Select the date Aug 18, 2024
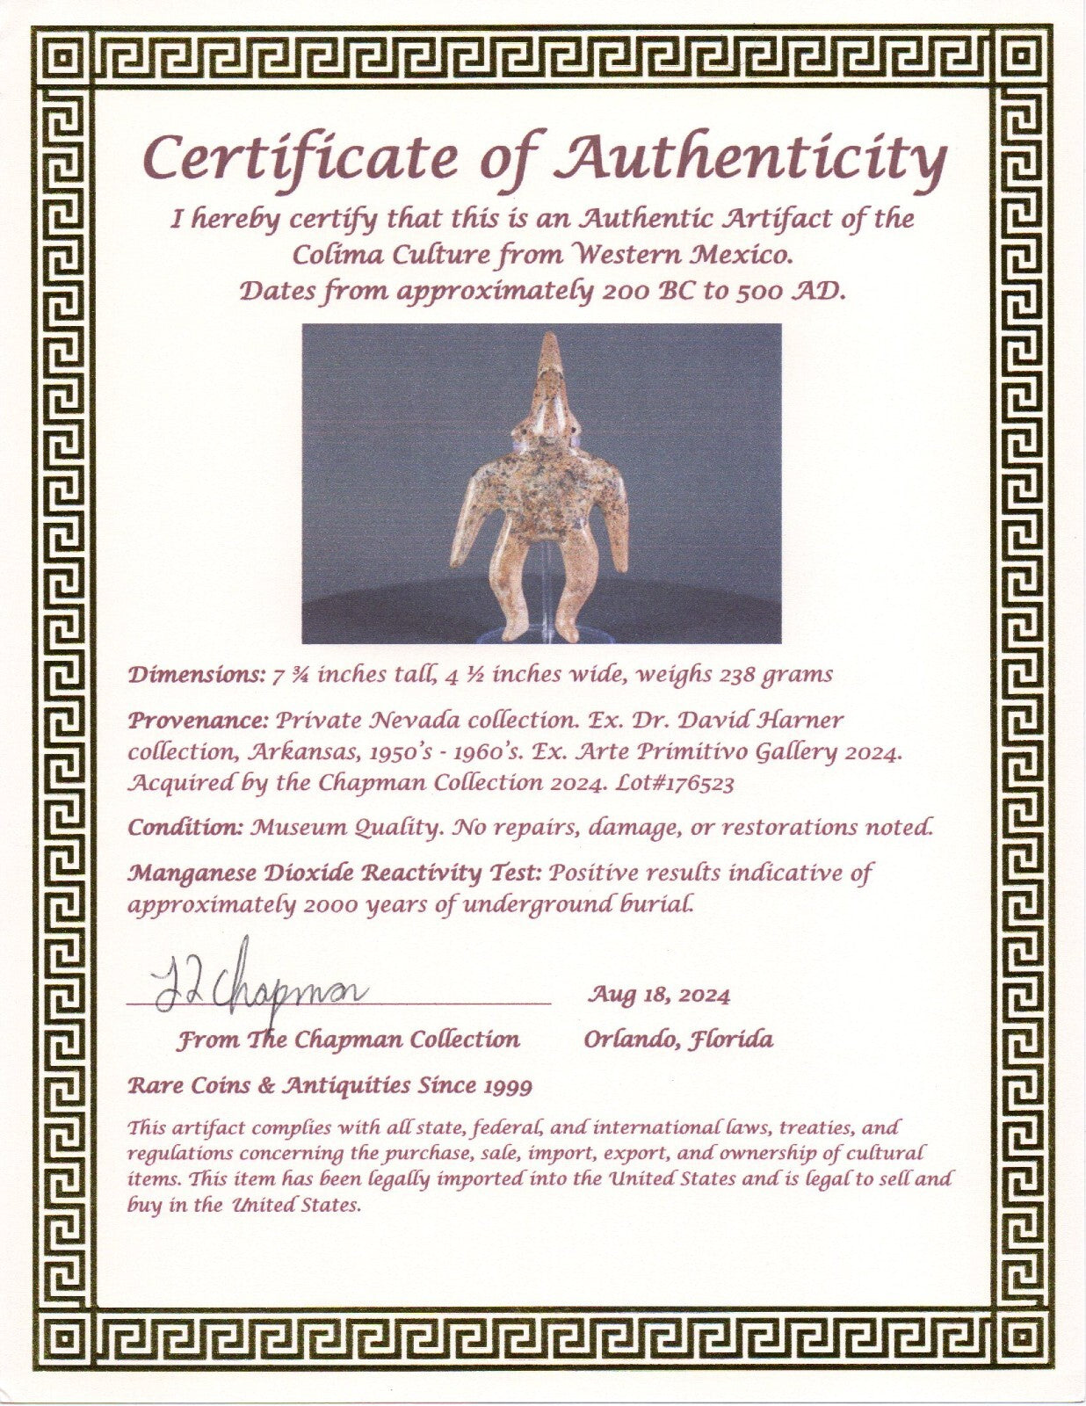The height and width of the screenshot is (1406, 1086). point(658,995)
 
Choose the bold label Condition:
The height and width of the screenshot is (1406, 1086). point(186,827)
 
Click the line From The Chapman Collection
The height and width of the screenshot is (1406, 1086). point(348,1040)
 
